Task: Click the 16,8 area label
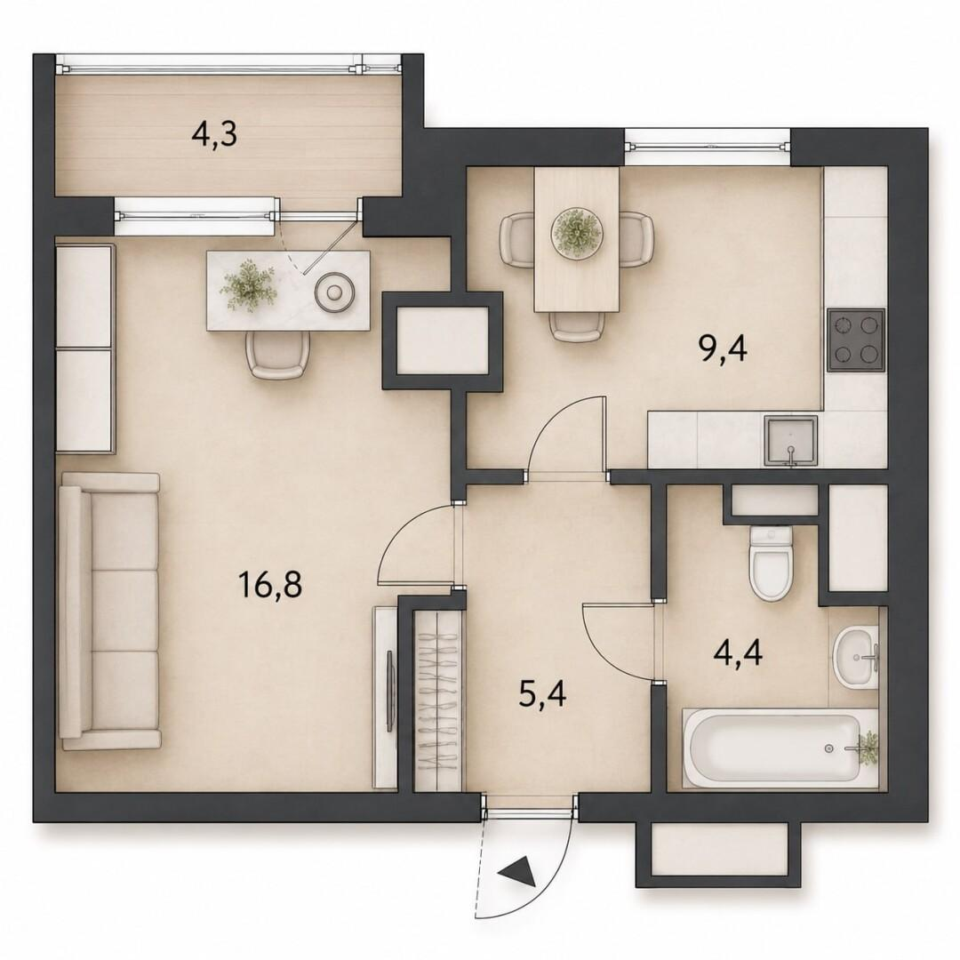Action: [x=270, y=585]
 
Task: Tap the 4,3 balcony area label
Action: [x=213, y=134]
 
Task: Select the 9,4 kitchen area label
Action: [x=723, y=349]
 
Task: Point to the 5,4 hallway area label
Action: [x=542, y=695]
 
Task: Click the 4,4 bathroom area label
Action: [x=738, y=652]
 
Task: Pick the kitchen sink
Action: [x=790, y=440]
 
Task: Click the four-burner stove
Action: [x=856, y=340]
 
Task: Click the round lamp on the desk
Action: [x=333, y=292]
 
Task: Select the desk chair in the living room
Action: [x=276, y=354]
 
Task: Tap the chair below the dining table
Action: [x=575, y=326]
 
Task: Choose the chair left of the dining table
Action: [x=518, y=239]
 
